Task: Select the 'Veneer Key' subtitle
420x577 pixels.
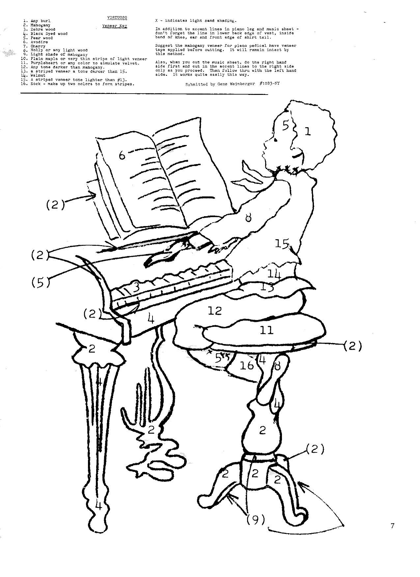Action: (x=114, y=25)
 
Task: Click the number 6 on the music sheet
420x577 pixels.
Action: (x=122, y=155)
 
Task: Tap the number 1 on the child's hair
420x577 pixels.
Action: (x=307, y=132)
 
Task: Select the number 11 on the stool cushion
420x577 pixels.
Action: (x=266, y=330)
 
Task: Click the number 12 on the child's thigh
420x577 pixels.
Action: (x=215, y=310)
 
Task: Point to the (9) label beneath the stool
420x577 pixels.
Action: (x=256, y=520)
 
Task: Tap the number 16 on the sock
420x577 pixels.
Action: (x=247, y=365)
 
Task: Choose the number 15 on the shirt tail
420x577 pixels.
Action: (x=282, y=244)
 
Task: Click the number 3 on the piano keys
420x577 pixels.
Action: (x=135, y=287)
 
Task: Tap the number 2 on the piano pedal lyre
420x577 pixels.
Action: (x=151, y=429)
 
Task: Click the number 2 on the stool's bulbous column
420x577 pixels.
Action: (x=263, y=430)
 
